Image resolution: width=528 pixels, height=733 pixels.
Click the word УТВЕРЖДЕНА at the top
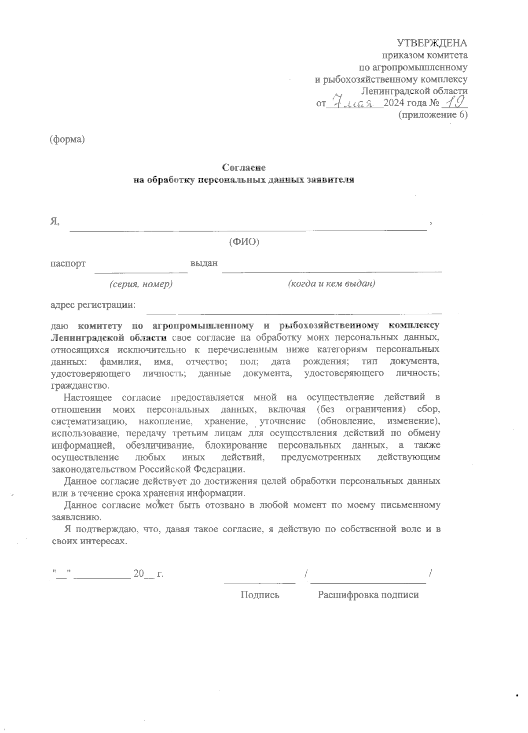[x=432, y=43]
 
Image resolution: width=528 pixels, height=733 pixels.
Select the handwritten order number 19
[x=454, y=103]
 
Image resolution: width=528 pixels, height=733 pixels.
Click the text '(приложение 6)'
[x=433, y=115]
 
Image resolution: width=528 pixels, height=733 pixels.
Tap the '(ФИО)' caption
[x=244, y=242]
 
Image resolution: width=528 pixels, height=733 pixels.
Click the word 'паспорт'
[x=68, y=264]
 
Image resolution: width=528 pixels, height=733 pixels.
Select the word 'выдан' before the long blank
[x=204, y=264]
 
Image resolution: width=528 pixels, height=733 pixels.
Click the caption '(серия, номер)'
[x=141, y=284]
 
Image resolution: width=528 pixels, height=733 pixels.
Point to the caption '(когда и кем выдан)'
[x=331, y=284]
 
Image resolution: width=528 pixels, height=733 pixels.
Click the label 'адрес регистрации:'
[x=93, y=305]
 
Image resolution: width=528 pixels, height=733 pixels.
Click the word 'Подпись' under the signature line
[x=260, y=595]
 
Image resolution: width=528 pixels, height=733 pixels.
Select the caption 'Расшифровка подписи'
[x=368, y=595]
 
